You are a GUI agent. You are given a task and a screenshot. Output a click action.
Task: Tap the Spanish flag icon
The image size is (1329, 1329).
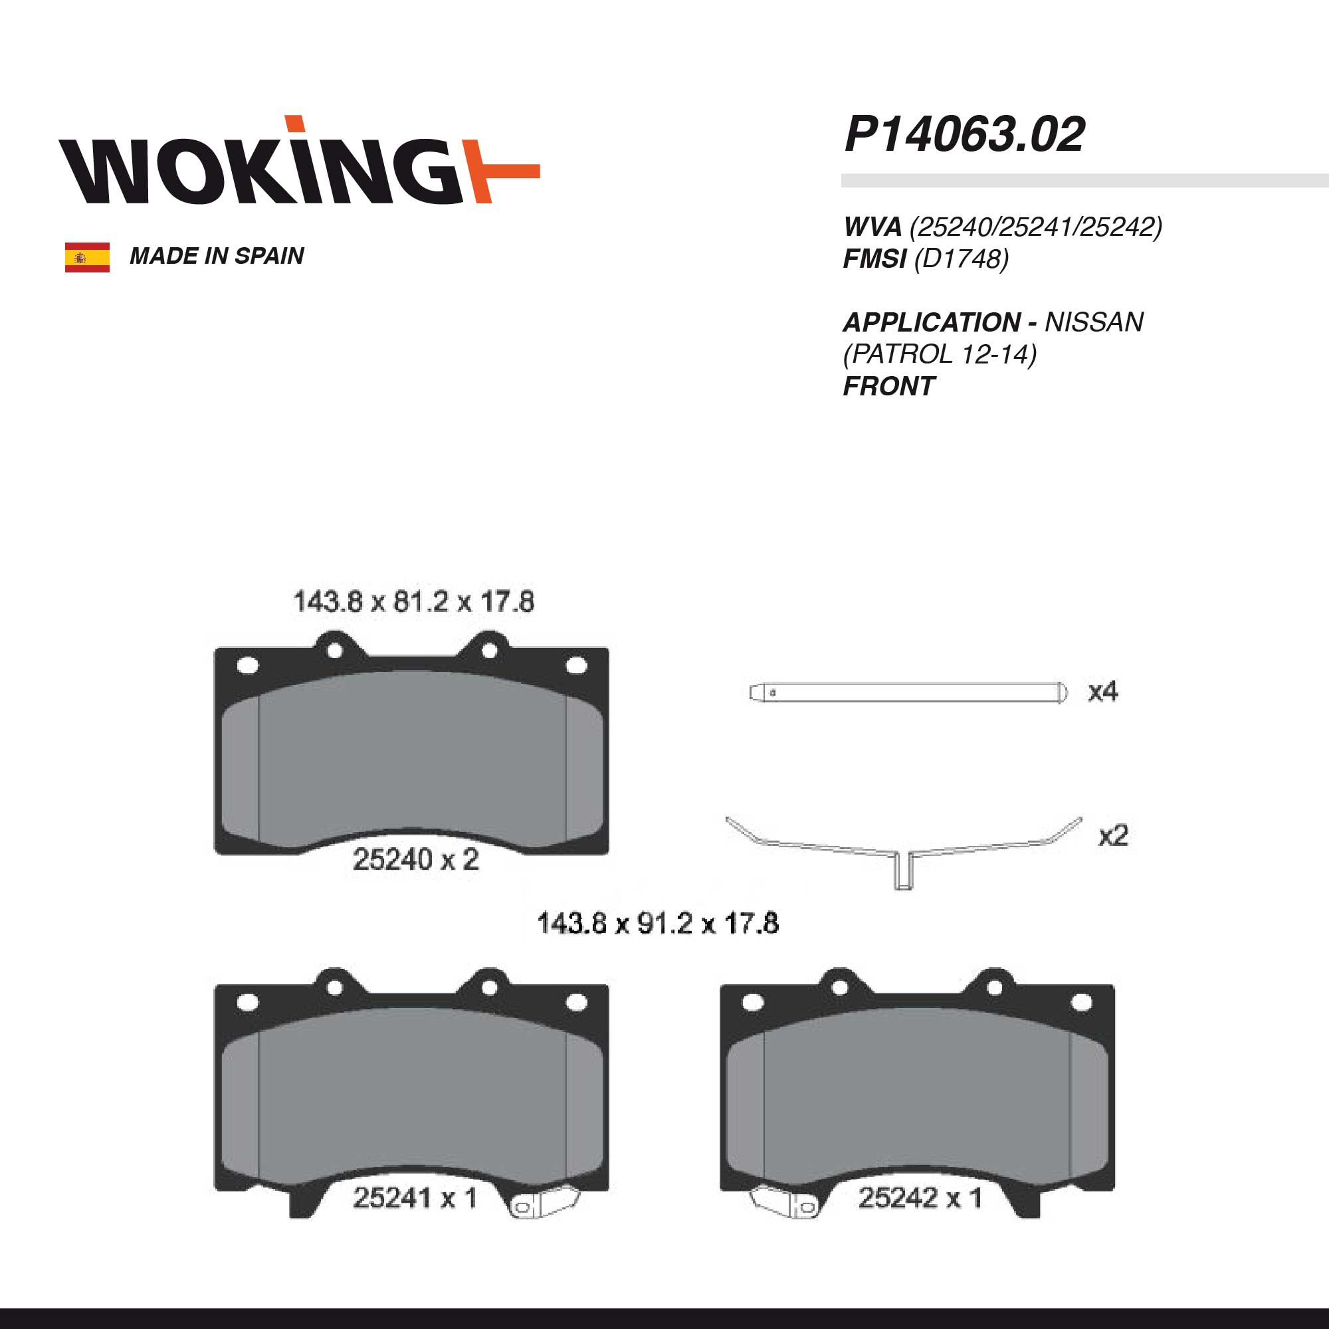click(87, 257)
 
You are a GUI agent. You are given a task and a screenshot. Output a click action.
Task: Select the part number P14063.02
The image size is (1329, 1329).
click(964, 135)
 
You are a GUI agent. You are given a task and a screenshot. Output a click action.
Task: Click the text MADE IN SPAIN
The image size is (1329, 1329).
click(217, 256)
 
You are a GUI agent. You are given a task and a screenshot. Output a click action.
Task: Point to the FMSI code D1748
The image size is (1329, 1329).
click(961, 259)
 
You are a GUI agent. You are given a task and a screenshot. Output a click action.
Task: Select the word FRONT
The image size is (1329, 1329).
click(888, 387)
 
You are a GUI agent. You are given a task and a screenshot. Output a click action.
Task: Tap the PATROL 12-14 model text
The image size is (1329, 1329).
click(940, 354)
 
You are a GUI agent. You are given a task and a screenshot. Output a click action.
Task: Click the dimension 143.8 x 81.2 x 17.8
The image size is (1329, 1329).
click(413, 602)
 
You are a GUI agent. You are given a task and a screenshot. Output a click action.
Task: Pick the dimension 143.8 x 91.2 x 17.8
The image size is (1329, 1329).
click(658, 923)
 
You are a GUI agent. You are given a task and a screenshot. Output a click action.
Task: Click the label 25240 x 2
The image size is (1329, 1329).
click(415, 860)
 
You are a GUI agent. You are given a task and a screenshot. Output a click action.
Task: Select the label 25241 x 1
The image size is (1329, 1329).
click(415, 1198)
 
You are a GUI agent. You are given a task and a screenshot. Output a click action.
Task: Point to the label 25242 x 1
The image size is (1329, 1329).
click(920, 1198)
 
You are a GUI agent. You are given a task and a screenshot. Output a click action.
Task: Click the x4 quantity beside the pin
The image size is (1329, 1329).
click(1102, 691)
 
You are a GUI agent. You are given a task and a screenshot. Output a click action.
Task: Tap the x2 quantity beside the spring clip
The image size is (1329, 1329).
click(1113, 836)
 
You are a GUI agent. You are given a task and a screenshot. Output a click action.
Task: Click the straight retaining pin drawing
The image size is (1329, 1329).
click(908, 692)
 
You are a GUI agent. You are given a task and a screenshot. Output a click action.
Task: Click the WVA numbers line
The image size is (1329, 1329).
click(1002, 227)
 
